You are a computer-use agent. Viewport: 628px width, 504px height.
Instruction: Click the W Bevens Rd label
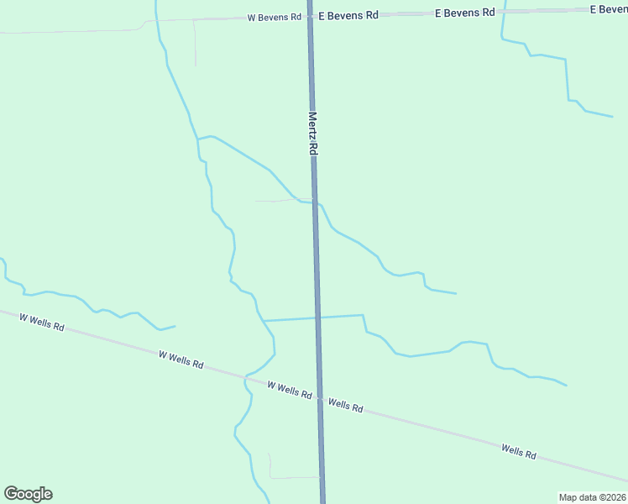coord(274,17)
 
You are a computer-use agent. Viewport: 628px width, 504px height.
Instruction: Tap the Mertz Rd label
coord(312,134)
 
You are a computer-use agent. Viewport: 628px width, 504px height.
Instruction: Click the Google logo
coord(28,494)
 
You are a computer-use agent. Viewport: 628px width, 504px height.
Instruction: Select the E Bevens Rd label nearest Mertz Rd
coord(348,15)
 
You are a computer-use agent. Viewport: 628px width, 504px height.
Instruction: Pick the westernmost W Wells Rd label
coord(41,322)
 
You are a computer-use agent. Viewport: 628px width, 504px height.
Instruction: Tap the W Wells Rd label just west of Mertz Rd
coord(290,390)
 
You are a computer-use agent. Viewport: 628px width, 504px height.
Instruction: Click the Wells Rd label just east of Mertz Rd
coord(346,405)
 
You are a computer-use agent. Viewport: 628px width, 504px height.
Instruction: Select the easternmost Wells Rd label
coord(519,451)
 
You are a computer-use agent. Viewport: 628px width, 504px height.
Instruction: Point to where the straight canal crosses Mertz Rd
coord(317,318)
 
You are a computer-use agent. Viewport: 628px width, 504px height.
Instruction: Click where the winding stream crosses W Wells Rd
coord(245,377)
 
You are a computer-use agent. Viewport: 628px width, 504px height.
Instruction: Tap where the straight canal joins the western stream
coord(264,321)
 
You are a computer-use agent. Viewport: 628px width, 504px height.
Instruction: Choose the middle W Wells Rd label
coord(181,360)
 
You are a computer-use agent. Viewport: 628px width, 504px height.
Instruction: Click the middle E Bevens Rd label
coord(464,13)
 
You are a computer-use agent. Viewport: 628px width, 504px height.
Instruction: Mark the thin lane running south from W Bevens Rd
coord(195,42)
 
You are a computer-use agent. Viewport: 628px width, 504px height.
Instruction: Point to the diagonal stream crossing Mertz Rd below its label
coord(315,202)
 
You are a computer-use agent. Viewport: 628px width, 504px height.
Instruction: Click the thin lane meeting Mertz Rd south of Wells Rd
coord(294,477)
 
